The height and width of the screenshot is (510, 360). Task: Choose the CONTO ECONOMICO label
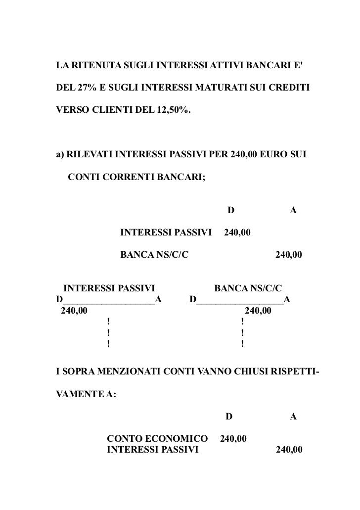point(157,439)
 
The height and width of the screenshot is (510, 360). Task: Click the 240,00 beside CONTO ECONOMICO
point(234,439)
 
